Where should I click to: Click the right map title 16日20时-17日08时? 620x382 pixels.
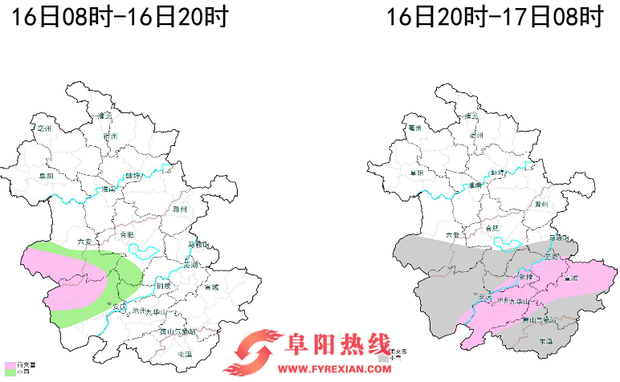pos(494,17)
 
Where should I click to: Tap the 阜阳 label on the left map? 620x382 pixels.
pos(46,175)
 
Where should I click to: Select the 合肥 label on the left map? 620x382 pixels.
pos(127,234)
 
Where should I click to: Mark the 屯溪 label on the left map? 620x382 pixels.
pos(185,353)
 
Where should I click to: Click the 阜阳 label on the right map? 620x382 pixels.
pos(415,173)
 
